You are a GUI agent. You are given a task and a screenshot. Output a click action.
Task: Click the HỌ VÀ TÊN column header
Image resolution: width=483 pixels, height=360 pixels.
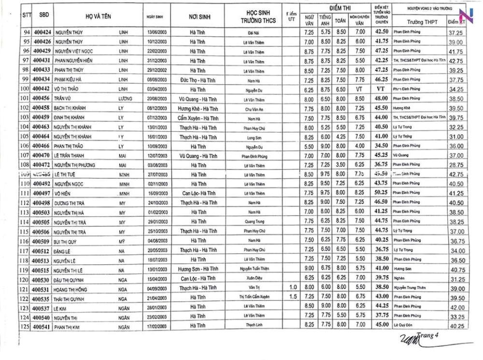click(99, 16)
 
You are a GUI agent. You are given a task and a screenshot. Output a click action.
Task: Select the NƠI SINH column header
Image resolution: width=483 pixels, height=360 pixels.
click(199, 16)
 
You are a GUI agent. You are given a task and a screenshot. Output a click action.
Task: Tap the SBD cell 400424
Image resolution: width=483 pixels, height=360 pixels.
click(42, 32)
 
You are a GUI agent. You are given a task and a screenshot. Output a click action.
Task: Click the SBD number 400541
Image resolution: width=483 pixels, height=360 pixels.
click(42, 327)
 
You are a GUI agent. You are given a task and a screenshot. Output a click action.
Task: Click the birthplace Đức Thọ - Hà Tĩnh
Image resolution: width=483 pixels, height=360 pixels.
click(198, 80)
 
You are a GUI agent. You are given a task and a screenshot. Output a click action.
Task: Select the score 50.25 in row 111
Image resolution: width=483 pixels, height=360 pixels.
click(382, 193)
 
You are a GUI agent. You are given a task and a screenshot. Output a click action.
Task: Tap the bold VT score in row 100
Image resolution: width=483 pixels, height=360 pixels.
click(382, 89)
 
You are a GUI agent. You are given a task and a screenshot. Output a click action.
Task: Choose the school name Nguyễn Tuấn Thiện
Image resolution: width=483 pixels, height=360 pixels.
click(254, 269)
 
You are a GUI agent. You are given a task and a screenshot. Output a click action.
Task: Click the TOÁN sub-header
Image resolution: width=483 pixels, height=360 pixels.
click(341, 21)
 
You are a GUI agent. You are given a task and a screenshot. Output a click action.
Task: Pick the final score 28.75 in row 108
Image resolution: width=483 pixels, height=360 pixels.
click(456, 165)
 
